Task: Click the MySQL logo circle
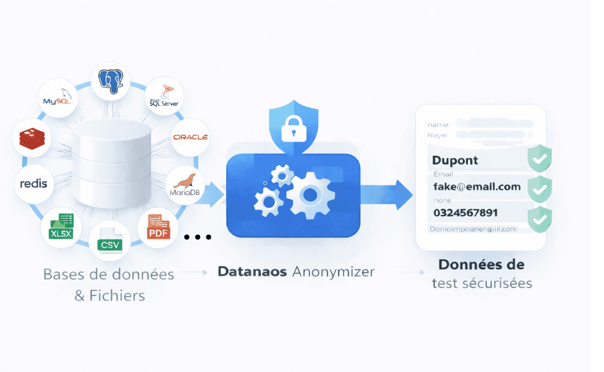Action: tap(59, 98)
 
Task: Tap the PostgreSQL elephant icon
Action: tap(111, 81)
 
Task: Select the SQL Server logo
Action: tap(164, 96)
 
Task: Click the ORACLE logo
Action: tap(190, 137)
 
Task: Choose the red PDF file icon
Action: tap(158, 227)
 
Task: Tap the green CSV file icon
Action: tap(109, 240)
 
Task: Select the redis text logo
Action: tap(34, 184)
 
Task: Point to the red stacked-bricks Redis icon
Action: tap(32, 138)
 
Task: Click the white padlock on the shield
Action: tap(293, 130)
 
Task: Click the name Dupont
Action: tap(455, 160)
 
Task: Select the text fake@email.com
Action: tap(477, 187)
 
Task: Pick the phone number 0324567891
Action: tap(466, 213)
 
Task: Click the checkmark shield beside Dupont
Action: tap(539, 159)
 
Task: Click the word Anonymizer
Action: tap(333, 272)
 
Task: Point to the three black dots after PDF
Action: tap(198, 237)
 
